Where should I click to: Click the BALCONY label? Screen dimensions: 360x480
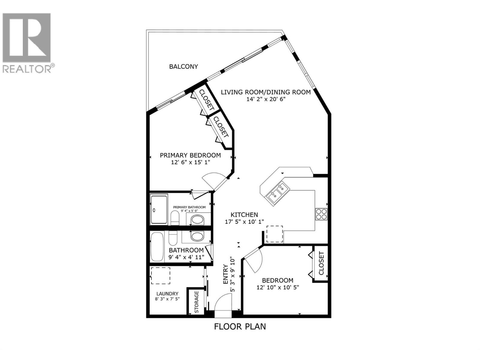pos(183,67)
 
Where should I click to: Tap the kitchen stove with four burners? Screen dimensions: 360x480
pos(321,214)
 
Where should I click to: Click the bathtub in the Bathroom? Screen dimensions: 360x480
pos(157,247)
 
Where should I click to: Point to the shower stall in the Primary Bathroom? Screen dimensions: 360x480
pos(159,209)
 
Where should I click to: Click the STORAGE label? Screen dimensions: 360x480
pos(197,302)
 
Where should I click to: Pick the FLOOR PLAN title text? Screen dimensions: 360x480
pos(240,326)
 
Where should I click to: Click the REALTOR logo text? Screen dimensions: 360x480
pos(27,69)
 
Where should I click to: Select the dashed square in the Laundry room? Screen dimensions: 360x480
pos(160,276)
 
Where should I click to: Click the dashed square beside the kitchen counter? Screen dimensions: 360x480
pos(274,234)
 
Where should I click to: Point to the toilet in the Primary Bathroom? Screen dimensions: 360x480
pos(175,218)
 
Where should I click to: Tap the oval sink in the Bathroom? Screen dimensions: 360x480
pos(197,236)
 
